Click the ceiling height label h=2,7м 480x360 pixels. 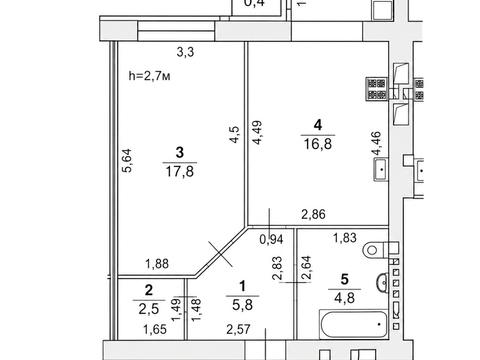[149, 76]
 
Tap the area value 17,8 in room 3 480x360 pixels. [180, 172]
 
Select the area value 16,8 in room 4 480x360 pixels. [318, 144]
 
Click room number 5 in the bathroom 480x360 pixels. [345, 279]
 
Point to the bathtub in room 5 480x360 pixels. [354, 324]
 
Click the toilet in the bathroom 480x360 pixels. [380, 249]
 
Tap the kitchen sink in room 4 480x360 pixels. [381, 169]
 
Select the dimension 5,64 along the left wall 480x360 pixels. [127, 160]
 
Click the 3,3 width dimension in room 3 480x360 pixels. [185, 52]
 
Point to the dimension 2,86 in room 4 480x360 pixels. [313, 214]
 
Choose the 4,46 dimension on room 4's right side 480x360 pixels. [376, 143]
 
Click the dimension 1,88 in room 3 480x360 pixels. [157, 264]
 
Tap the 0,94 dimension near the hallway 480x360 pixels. [271, 239]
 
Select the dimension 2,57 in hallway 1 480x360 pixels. [238, 330]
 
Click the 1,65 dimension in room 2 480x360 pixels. [155, 330]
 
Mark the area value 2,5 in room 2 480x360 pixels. [149, 309]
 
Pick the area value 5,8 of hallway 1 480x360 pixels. [242, 305]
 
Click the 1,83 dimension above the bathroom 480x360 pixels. [345, 238]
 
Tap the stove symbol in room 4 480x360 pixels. [376, 89]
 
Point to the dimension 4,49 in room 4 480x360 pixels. [257, 132]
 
